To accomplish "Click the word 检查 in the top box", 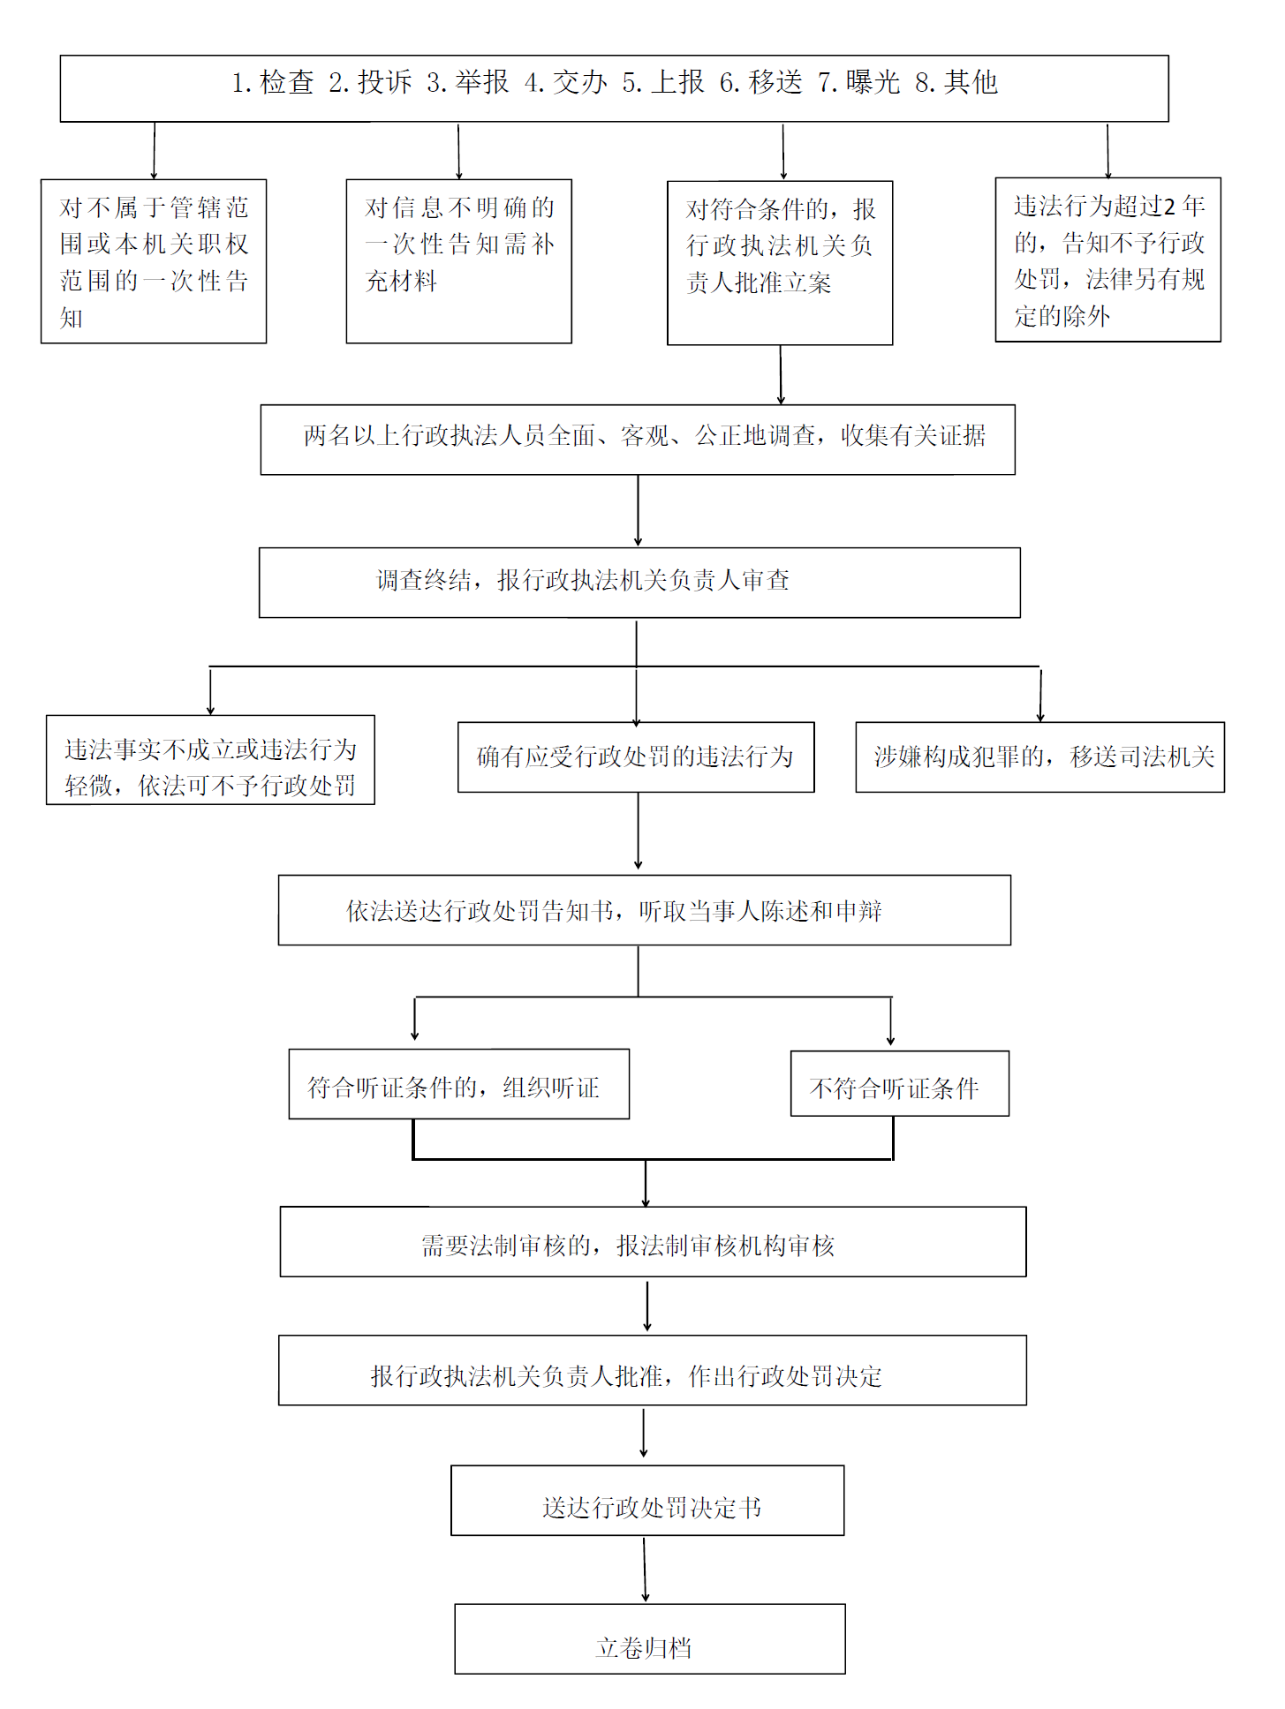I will (287, 82).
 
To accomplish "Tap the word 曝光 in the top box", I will (873, 82).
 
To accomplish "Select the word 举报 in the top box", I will (482, 82).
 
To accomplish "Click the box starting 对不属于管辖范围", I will (154, 261).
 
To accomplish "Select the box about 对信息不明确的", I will (458, 261).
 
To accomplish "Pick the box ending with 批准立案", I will (780, 263).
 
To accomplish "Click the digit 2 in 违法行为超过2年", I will (1169, 207).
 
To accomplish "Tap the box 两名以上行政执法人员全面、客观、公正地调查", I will (638, 440).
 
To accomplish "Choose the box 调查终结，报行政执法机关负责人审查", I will (639, 583).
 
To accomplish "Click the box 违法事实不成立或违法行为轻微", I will (210, 760).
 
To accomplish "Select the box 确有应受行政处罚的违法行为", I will (636, 757).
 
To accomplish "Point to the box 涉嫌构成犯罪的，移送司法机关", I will (1039, 757).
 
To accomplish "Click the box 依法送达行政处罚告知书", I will (645, 910).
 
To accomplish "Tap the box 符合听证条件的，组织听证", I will (458, 1084).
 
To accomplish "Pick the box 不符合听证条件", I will (899, 1084).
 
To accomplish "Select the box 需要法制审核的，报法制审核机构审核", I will (653, 1242).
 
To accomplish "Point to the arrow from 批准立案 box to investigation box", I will (781, 374).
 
